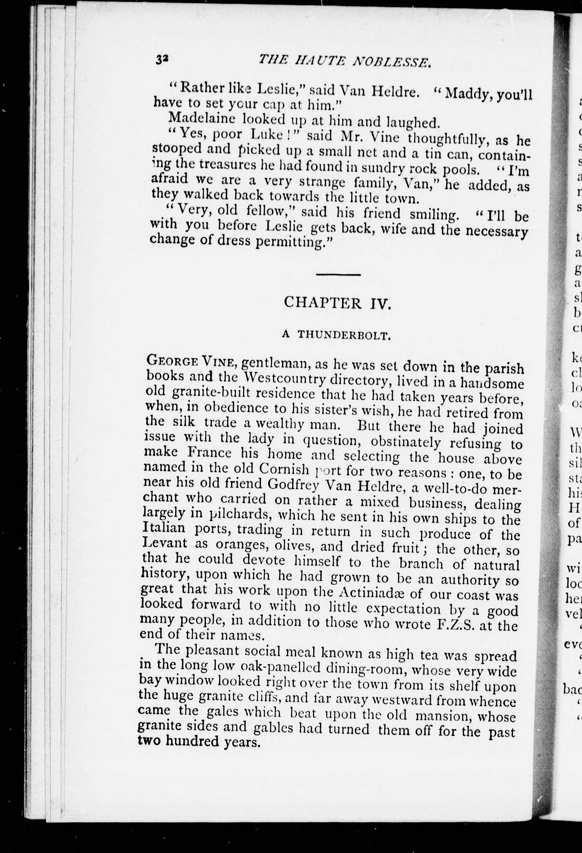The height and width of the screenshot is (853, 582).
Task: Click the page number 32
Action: pyautogui.click(x=162, y=59)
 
